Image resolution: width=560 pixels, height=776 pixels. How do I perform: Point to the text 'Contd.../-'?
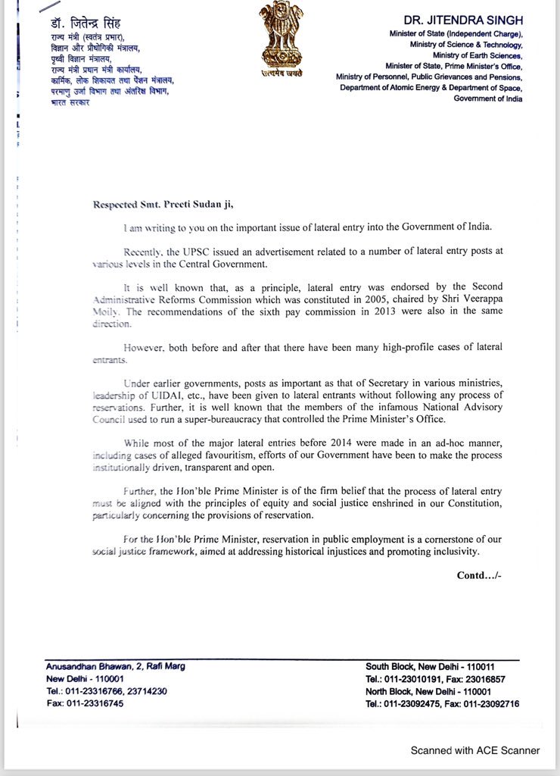pos(479,575)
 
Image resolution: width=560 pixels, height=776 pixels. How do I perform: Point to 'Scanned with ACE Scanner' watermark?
pos(475,750)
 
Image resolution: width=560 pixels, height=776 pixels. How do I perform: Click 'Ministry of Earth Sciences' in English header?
pos(477,55)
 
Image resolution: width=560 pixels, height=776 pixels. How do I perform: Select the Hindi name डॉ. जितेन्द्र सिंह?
pos(82,23)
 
